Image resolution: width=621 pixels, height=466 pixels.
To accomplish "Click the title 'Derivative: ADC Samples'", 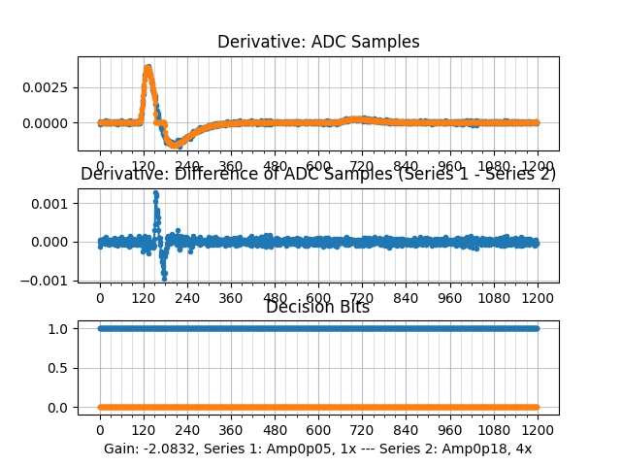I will click(x=318, y=42).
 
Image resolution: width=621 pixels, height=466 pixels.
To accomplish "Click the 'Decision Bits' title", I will click(x=318, y=307).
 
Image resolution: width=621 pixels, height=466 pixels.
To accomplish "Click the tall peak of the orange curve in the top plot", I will click(x=147, y=68).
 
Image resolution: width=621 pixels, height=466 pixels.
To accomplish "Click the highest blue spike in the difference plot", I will click(x=155, y=193).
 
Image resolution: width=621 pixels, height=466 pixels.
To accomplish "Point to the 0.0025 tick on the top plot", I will click(x=50, y=87).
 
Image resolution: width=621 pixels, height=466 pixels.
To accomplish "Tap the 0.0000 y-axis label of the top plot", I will click(x=50, y=123).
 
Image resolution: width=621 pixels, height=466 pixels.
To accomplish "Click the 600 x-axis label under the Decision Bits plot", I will click(x=318, y=430).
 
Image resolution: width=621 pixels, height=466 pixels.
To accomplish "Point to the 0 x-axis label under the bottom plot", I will click(x=99, y=430).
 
